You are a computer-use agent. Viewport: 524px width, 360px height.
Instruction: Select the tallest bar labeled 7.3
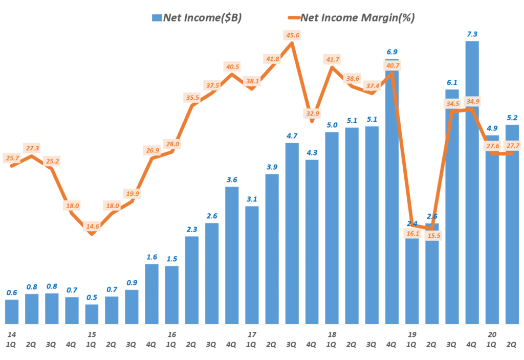[x=472, y=184]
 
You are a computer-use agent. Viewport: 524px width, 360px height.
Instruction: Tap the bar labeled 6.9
[x=392, y=194]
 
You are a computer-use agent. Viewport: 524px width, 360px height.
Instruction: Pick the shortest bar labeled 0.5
[x=92, y=314]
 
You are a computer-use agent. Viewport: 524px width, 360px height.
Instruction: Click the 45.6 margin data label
[x=292, y=35]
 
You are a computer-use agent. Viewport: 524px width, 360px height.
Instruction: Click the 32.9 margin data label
[x=312, y=114]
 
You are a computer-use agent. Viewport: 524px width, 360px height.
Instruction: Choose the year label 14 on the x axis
[x=11, y=334]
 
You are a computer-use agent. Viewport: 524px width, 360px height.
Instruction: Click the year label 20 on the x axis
[x=492, y=334]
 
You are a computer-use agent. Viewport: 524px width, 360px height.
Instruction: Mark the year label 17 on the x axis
[x=252, y=334]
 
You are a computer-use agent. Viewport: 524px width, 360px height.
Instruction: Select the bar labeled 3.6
[x=232, y=256]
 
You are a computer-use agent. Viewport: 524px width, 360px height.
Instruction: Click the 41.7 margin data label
[x=332, y=60]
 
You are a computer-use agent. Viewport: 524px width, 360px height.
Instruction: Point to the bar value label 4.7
[x=292, y=136]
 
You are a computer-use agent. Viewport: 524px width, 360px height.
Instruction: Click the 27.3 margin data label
[x=32, y=148]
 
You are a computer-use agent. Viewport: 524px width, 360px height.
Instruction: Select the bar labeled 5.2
[x=512, y=225]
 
